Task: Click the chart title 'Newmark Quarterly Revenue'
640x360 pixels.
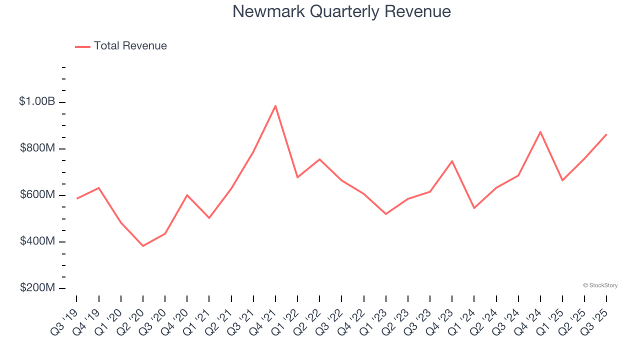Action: click(x=341, y=11)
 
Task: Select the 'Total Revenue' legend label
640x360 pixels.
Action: click(x=130, y=46)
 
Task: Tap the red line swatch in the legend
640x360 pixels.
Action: click(x=82, y=46)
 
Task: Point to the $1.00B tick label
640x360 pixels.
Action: click(x=37, y=101)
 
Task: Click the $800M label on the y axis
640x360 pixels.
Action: click(x=37, y=148)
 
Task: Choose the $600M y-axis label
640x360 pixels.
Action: click(x=37, y=194)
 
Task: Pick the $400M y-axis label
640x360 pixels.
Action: click(x=37, y=241)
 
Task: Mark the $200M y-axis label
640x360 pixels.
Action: click(x=37, y=288)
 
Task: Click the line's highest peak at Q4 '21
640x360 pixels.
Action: click(x=275, y=105)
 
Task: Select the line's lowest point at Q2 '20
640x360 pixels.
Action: click(x=143, y=246)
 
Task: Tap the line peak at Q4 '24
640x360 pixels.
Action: click(x=540, y=131)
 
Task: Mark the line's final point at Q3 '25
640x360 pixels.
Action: click(x=606, y=134)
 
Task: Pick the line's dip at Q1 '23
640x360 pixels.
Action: click(x=386, y=214)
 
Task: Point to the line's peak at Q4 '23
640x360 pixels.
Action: click(x=452, y=161)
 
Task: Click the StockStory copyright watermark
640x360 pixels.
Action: click(x=600, y=285)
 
